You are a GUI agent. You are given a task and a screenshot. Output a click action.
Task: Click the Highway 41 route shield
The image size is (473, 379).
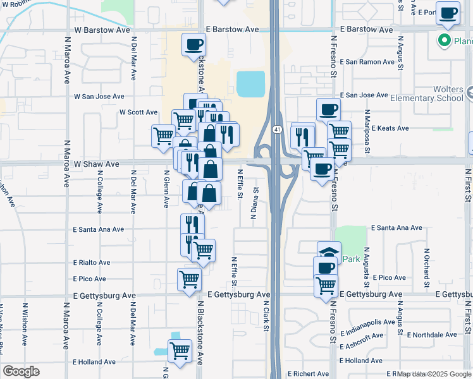point(277,129)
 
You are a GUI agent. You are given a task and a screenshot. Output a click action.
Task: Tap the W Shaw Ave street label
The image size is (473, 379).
point(97,164)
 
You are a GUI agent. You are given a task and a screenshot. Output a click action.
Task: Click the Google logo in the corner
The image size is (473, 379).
point(20,371)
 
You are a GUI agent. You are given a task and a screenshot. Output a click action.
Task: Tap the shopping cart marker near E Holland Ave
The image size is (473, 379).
point(180,351)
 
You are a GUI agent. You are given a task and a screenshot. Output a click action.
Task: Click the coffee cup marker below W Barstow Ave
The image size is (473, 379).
point(193,45)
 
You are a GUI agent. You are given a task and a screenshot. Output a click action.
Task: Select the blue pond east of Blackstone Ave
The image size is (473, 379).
point(251,83)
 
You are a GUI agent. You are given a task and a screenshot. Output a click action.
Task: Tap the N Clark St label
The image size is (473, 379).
point(266,315)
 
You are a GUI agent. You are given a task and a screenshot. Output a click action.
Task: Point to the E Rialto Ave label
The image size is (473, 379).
point(92,262)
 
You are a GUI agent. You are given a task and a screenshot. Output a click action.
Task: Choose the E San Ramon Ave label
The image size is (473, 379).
point(367,63)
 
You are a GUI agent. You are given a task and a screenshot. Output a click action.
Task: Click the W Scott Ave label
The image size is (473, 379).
point(138,112)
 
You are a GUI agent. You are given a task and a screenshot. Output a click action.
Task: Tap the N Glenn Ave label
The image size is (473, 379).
point(166,192)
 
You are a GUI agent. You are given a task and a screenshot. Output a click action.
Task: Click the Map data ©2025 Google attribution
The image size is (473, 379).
point(434,374)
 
